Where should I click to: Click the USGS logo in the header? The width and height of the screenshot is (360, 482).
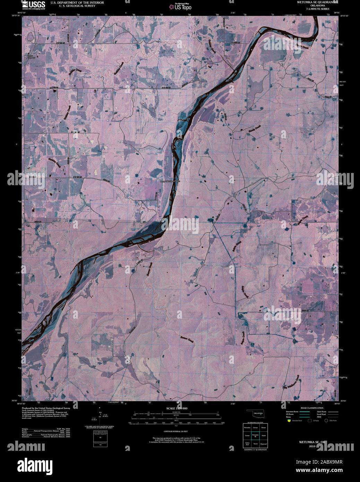click(x=34, y=5)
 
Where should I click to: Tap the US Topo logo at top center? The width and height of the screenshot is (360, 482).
click(x=180, y=6)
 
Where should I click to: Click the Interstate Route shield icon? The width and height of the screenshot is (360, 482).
click(x=288, y=420)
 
